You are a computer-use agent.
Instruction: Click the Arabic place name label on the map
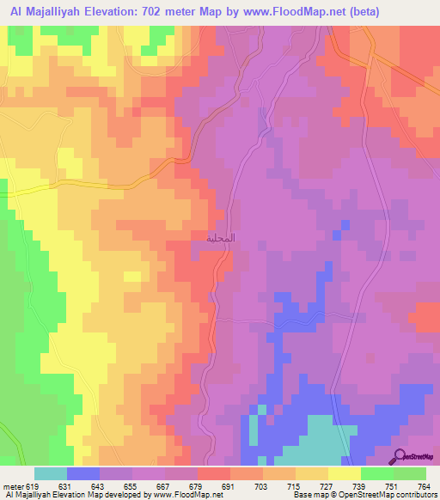click(x=221, y=237)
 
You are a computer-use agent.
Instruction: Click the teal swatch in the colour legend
click(x=51, y=473)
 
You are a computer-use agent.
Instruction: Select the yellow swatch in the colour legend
click(x=345, y=473)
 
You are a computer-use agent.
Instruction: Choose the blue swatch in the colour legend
click(x=83, y=473)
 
